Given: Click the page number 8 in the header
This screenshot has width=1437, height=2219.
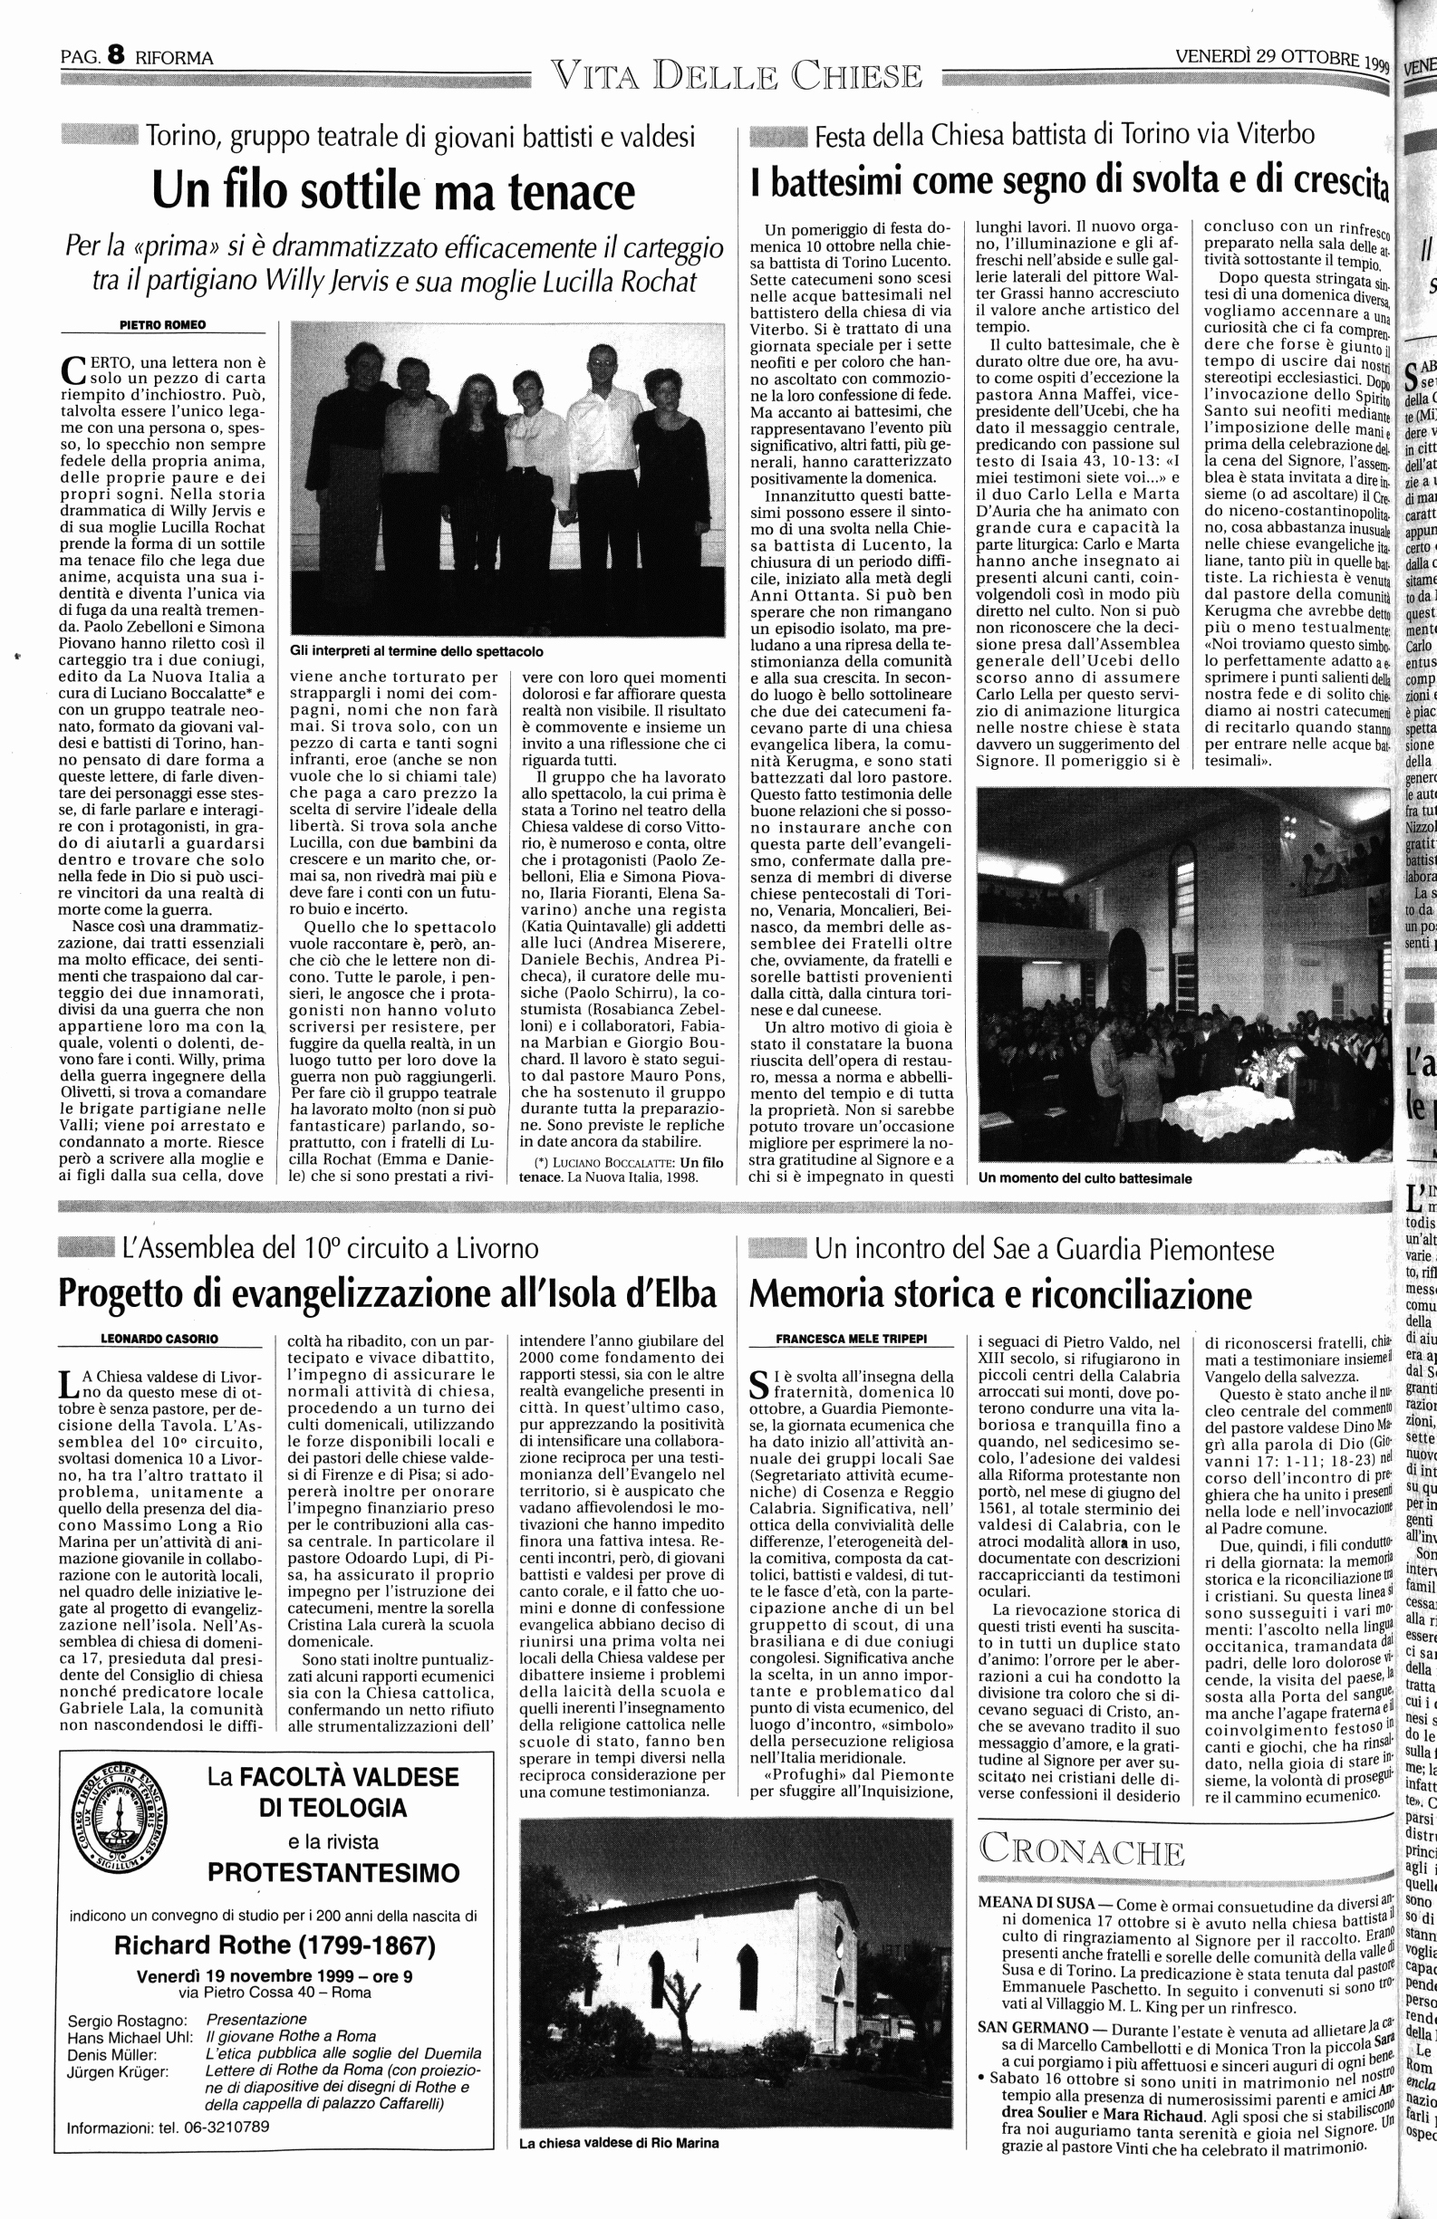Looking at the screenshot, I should coord(116,56).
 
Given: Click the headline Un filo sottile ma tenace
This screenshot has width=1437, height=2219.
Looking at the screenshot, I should coord(392,190).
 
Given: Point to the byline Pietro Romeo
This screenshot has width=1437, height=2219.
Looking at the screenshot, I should coord(163,324).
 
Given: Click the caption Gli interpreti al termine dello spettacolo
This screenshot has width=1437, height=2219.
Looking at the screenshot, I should coord(417,652).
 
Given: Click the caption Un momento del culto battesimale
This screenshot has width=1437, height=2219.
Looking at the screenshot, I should coord(1085,1178).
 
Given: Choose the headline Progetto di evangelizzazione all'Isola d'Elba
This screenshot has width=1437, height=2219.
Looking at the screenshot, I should coord(387,1295).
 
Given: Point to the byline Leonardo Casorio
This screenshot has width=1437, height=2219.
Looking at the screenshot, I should coord(159,1339).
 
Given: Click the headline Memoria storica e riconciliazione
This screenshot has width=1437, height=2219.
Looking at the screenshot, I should coord(1001,1295).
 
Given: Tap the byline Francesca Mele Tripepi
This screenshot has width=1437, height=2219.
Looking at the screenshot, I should coord(852,1339).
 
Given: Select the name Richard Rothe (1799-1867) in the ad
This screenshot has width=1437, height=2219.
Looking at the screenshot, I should coord(275,1945).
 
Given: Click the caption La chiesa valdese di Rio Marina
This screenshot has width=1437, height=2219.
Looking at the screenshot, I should coord(619,2143).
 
